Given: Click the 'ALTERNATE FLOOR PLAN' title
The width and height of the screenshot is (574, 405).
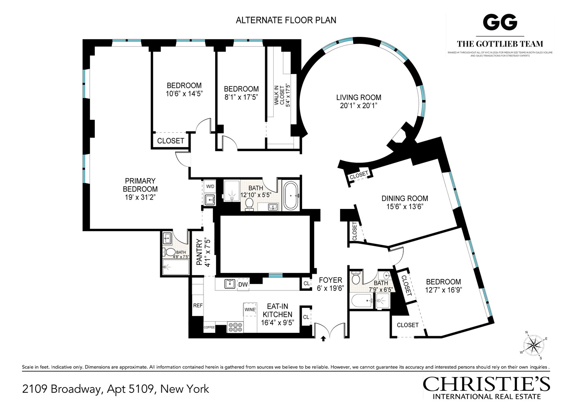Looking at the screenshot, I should pyautogui.click(x=286, y=20).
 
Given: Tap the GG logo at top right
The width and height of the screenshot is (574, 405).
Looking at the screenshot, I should pyautogui.click(x=500, y=22).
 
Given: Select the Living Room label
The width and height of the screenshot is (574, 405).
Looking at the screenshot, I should pyautogui.click(x=358, y=97).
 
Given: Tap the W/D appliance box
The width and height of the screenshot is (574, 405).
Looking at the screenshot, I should pyautogui.click(x=210, y=187).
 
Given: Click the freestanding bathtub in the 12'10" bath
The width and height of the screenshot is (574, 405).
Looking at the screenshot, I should pyautogui.click(x=291, y=196).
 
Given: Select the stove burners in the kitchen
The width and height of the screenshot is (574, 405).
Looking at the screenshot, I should pyautogui.click(x=235, y=327).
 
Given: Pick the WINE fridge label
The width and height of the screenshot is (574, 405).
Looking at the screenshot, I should pyautogui.click(x=250, y=309).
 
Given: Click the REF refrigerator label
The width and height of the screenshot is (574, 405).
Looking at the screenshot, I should pyautogui.click(x=198, y=305).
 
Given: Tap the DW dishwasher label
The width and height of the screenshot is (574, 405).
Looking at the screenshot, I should pyautogui.click(x=243, y=285).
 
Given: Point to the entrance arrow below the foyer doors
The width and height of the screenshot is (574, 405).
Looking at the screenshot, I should pyautogui.click(x=323, y=339).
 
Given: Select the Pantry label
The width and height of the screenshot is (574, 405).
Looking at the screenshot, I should pyautogui.click(x=199, y=252).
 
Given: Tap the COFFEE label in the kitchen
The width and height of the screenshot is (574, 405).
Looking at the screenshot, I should pyautogui.click(x=209, y=327).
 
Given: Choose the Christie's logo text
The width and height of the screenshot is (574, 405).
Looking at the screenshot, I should pyautogui.click(x=486, y=384).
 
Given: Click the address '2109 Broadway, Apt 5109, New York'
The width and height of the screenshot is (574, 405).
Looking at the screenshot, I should pyautogui.click(x=116, y=389).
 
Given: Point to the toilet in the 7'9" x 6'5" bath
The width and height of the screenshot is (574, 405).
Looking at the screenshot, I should pyautogui.click(x=356, y=279).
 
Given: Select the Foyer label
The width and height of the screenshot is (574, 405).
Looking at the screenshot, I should pyautogui.click(x=330, y=280).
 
